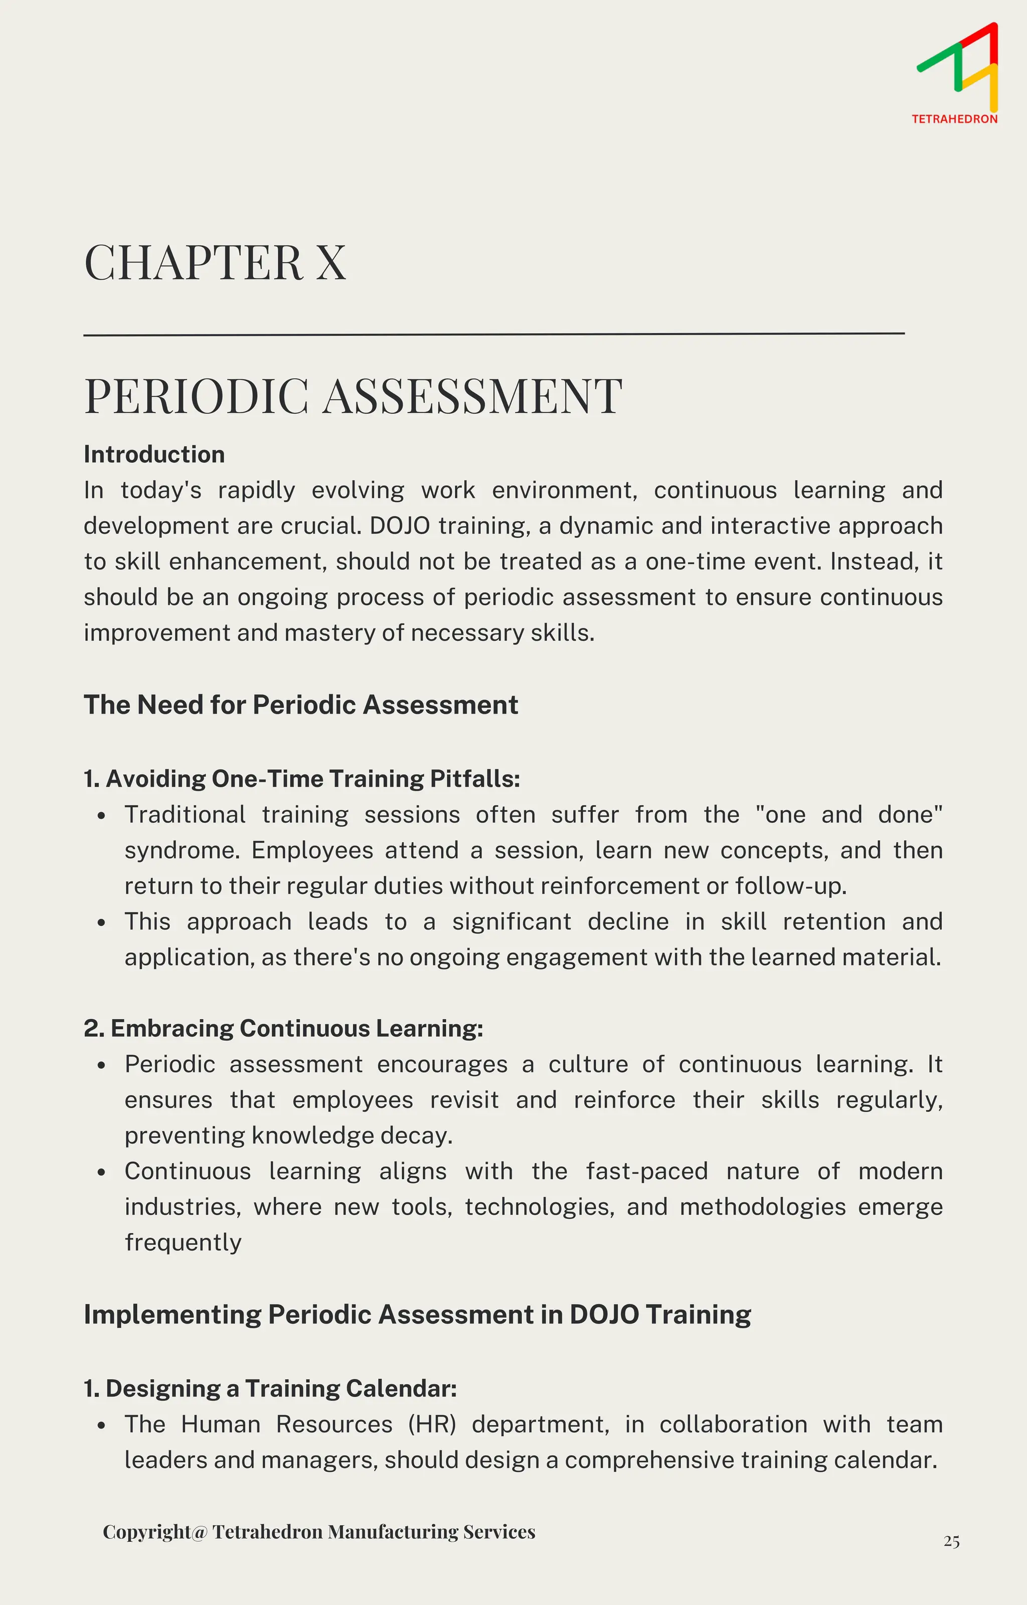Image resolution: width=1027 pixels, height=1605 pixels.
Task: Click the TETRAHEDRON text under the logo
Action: (x=954, y=119)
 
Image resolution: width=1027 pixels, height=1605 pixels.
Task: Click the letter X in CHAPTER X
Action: (x=331, y=263)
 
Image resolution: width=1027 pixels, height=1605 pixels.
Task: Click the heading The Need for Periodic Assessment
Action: (x=301, y=705)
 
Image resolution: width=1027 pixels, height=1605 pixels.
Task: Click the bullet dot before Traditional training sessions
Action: (x=101, y=816)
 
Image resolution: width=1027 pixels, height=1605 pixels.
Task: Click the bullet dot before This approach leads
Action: (x=101, y=923)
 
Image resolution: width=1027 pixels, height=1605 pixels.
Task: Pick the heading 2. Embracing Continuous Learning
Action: (x=283, y=1028)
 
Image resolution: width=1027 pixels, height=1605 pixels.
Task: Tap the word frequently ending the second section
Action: (x=183, y=1243)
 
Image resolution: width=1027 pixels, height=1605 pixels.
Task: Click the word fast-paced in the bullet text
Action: (x=646, y=1171)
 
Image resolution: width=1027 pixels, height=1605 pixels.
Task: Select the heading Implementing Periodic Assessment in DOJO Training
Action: (x=417, y=1314)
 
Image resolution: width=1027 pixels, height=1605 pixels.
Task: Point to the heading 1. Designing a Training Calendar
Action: (x=270, y=1388)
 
